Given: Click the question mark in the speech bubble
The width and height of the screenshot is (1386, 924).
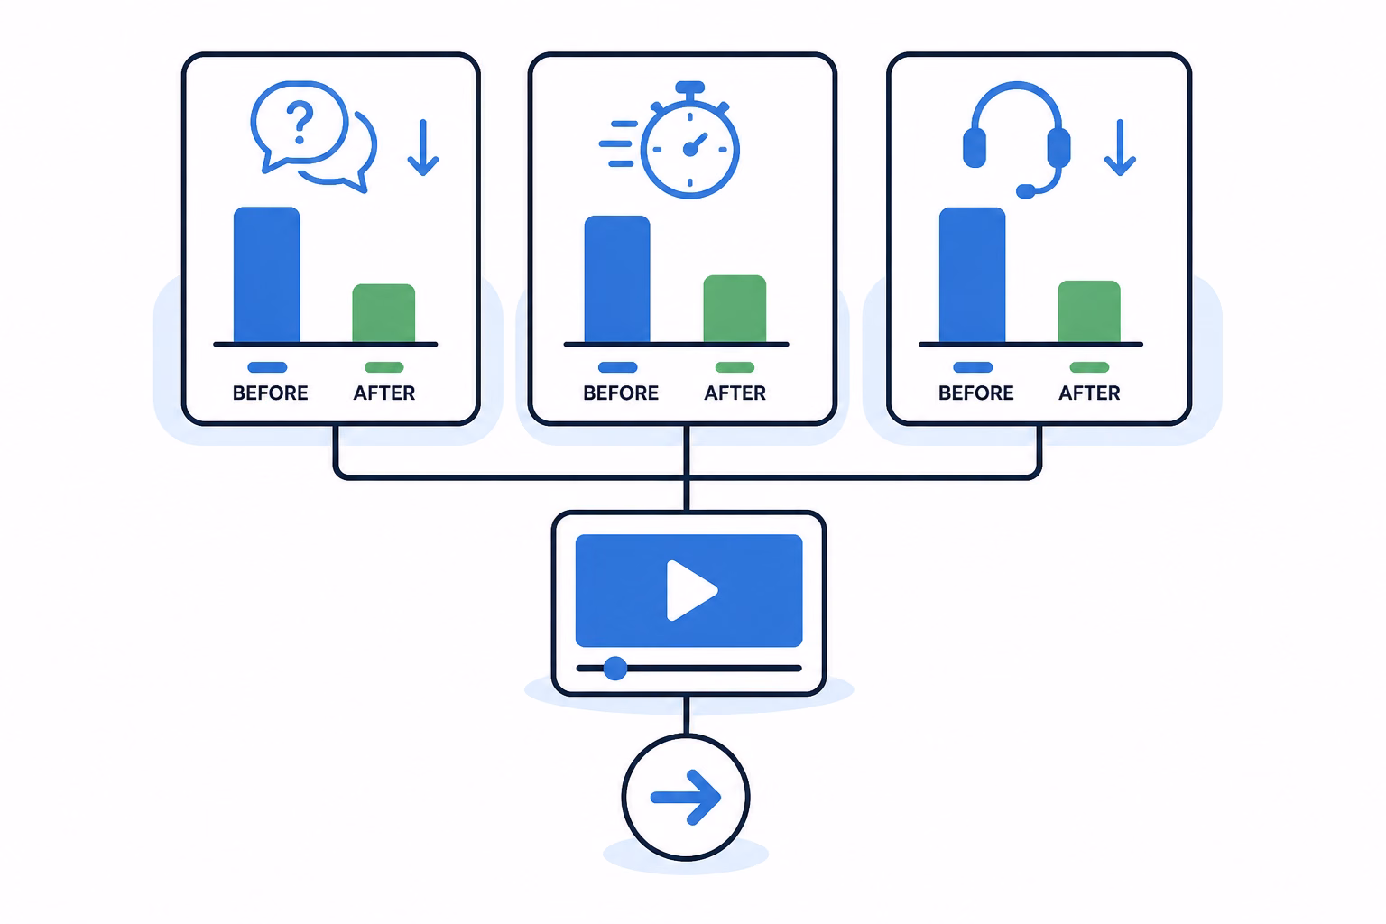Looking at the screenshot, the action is coord(300,123).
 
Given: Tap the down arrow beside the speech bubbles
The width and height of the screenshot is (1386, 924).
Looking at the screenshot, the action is coord(423,147).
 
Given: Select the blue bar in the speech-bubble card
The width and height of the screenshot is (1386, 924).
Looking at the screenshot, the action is coord(267,274).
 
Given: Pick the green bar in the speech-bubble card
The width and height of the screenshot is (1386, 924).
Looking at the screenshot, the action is coord(383,312).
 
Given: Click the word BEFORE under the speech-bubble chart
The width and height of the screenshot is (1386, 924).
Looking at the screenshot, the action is coord(271,393).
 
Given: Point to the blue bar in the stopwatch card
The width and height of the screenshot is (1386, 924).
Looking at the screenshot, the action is coord(617,279).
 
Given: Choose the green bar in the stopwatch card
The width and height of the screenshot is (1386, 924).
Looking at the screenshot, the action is coord(735,309).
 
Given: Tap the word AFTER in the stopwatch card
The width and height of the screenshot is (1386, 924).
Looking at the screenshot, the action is coord(735,393).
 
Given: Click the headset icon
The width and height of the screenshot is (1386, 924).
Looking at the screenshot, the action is coord(1016,139).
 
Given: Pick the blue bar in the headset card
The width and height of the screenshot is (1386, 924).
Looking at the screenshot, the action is coord(972,275).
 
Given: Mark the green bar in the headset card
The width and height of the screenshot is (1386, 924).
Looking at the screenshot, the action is coord(1089,311).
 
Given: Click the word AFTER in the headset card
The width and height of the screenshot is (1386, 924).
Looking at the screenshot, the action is coord(1090,393).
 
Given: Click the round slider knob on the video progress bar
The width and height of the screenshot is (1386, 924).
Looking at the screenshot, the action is coord(615,669).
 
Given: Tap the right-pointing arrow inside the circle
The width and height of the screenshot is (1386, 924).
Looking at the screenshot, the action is coord(686,797).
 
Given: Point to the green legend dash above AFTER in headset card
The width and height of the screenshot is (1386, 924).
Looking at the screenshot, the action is coord(1090,367).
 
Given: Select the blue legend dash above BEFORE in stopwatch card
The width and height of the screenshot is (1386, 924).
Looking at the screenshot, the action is coord(617,367).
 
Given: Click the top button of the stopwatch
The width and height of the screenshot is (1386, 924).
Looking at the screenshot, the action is coord(690,88).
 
